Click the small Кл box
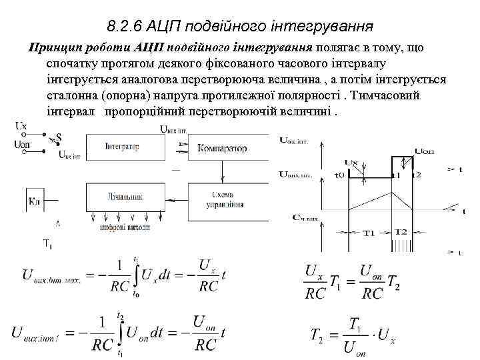point(35,200)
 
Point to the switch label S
point(59,138)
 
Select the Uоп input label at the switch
point(21,146)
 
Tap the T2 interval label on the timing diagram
point(401,231)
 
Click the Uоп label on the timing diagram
point(424,151)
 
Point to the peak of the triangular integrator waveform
point(395,176)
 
